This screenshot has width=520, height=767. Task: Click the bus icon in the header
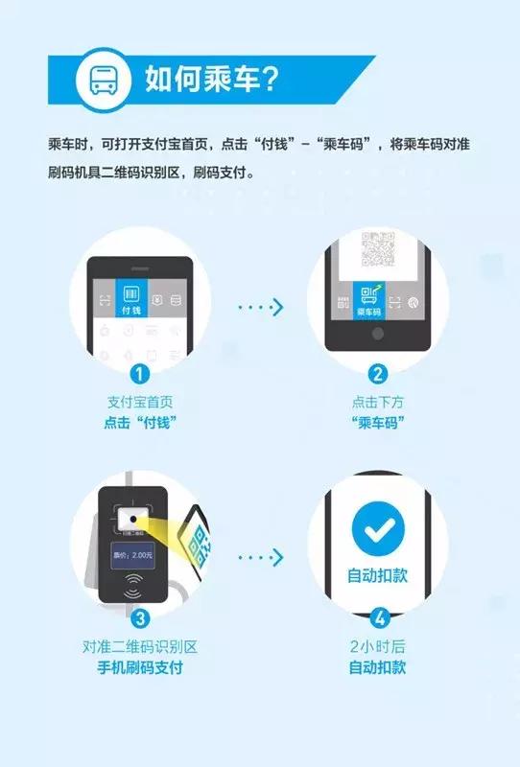coord(99,79)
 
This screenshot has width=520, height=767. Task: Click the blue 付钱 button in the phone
coord(131,299)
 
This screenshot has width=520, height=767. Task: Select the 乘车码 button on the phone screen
coord(368,300)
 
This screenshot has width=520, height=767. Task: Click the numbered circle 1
coord(141,374)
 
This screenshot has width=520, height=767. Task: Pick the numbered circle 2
coord(377,374)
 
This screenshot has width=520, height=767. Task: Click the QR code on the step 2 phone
coord(377,251)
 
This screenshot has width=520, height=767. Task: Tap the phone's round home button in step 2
coord(377,334)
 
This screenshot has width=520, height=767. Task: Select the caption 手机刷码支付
coord(141,667)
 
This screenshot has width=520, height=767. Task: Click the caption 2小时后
coord(377,646)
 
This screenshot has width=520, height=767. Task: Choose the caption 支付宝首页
coord(141,403)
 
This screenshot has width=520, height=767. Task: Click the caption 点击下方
coord(377,403)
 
